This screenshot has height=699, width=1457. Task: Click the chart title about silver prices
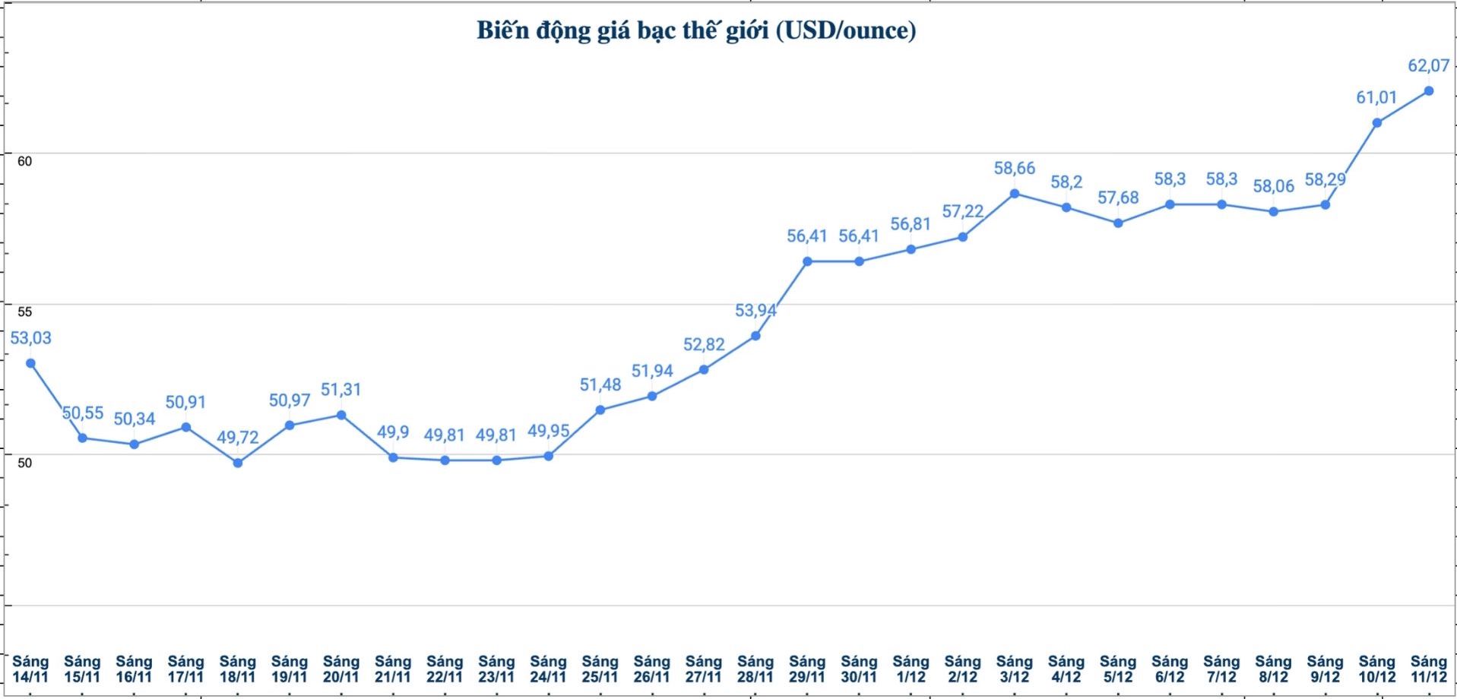click(696, 30)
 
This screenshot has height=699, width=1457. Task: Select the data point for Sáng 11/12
click(1428, 91)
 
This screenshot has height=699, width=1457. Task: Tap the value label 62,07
click(1428, 66)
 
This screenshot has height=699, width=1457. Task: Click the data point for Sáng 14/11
click(30, 363)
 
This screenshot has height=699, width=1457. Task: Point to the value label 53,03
click(30, 338)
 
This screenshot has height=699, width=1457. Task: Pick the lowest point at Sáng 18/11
click(238, 463)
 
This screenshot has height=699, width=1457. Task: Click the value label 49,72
click(238, 438)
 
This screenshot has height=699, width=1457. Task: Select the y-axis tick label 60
click(24, 161)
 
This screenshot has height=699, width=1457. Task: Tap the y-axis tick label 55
click(24, 312)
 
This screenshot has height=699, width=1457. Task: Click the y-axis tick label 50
click(24, 462)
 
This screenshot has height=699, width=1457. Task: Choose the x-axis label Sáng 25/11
click(600, 669)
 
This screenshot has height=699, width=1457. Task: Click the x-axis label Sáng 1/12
click(911, 669)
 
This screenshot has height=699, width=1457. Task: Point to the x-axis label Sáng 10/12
click(1376, 669)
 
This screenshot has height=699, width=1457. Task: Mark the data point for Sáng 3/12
click(1014, 194)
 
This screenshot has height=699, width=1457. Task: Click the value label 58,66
click(1014, 169)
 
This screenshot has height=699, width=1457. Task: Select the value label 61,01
click(1376, 97)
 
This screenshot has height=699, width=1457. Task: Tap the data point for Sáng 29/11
click(807, 261)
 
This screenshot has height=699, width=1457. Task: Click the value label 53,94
click(755, 310)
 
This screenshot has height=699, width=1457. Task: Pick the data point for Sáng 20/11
click(341, 415)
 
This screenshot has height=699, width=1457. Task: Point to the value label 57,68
click(1118, 198)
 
